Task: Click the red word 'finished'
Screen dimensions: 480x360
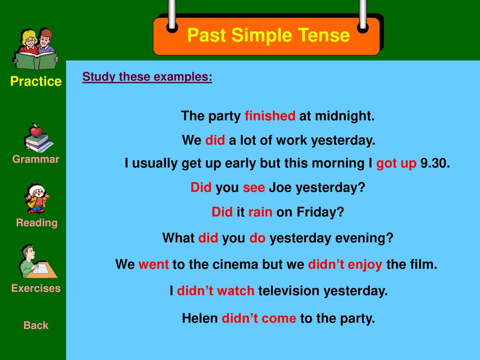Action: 270,116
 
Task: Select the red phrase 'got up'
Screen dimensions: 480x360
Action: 396,164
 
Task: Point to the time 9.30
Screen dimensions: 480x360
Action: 435,163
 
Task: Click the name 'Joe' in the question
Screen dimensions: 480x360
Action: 280,187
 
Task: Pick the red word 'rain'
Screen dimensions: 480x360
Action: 260,212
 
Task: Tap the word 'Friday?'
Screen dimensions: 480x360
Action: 320,212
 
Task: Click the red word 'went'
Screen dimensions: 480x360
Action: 153,264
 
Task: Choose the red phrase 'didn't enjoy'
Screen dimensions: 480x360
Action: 345,264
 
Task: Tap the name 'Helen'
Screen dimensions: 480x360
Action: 200,318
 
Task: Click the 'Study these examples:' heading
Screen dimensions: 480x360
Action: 147,77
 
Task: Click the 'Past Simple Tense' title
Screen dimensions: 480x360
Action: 269,35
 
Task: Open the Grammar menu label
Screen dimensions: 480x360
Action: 36,159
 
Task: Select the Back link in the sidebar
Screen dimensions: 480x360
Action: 36,325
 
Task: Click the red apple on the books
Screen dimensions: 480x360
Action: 36,131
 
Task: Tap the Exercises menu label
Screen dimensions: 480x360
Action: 36,288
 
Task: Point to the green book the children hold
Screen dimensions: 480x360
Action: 36,61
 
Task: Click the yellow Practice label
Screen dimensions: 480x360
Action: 36,82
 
